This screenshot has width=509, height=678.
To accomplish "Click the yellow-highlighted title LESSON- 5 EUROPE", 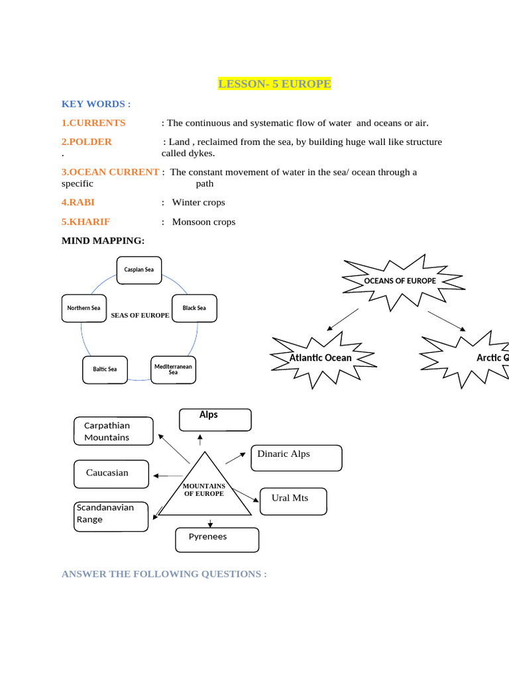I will [274, 84].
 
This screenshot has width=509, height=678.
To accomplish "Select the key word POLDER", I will [87, 142].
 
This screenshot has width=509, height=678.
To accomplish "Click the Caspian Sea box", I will [139, 269].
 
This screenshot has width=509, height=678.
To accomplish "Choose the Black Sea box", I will [194, 308].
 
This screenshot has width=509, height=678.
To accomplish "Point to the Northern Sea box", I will [84, 309].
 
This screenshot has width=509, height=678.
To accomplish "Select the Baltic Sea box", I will [105, 369].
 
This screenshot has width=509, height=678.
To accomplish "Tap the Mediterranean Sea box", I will [173, 369].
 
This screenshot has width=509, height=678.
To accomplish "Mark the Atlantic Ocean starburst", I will [321, 358].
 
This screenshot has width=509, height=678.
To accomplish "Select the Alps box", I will [215, 420].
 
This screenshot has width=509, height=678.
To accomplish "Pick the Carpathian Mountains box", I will [113, 432].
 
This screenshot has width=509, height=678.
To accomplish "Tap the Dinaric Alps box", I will [296, 458].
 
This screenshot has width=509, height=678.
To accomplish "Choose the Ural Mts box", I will [294, 501].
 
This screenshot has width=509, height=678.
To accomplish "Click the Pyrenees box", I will [215, 540].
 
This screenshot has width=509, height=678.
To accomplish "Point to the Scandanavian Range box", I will [111, 516].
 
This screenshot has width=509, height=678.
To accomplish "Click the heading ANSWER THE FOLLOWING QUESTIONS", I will [164, 574].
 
